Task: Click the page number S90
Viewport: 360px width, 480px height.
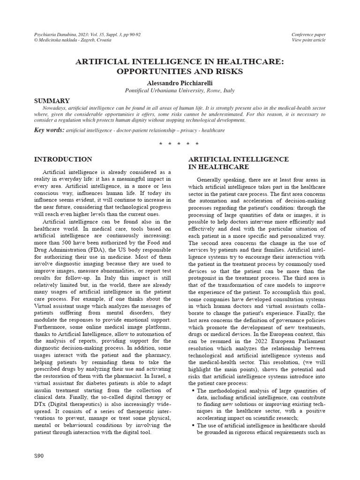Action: point(39,456)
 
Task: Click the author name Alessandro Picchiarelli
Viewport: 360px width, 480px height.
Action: point(180,82)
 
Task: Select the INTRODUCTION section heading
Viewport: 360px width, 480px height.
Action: point(63,159)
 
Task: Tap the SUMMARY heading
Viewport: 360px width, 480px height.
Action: point(52,101)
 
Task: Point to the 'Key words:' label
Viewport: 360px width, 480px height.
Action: point(49,130)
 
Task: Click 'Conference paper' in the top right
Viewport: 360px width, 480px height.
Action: point(308,35)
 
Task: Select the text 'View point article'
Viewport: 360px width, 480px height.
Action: point(308,40)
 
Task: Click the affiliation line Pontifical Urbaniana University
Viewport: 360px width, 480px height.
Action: point(180,90)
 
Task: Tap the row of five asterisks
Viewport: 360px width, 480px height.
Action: point(180,143)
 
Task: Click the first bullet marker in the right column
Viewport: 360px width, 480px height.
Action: point(193,390)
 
